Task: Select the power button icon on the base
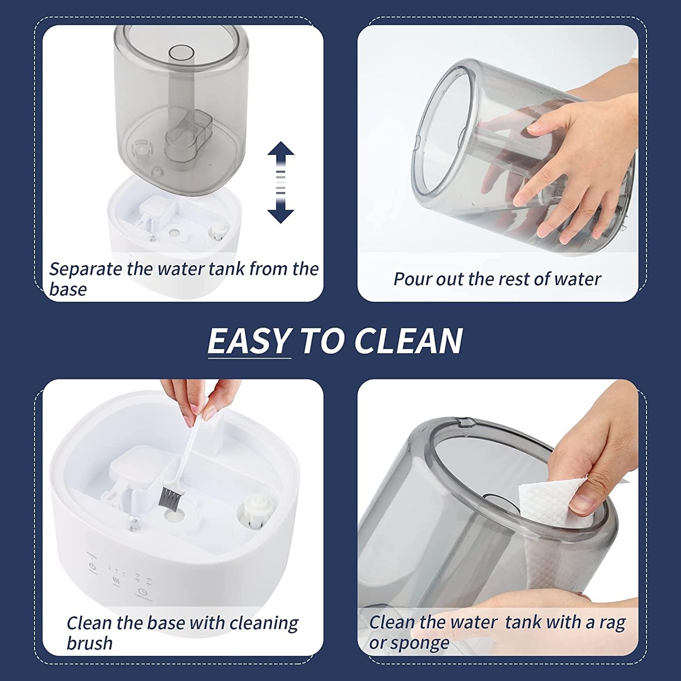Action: (x=93, y=567)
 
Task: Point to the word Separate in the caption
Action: (x=86, y=269)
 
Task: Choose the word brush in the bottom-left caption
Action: (x=89, y=643)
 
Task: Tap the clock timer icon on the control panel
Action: (x=143, y=592)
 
